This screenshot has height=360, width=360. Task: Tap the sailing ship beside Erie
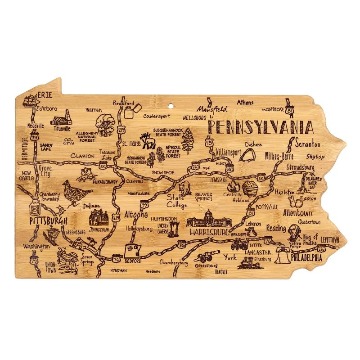point(30,100)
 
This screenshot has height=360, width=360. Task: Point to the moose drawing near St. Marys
point(148,141)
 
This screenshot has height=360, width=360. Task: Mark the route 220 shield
point(195,167)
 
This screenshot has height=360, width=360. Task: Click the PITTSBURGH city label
point(48,221)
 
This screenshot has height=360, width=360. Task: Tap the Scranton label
point(308,144)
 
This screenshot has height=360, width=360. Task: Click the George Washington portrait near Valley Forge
point(293,232)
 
